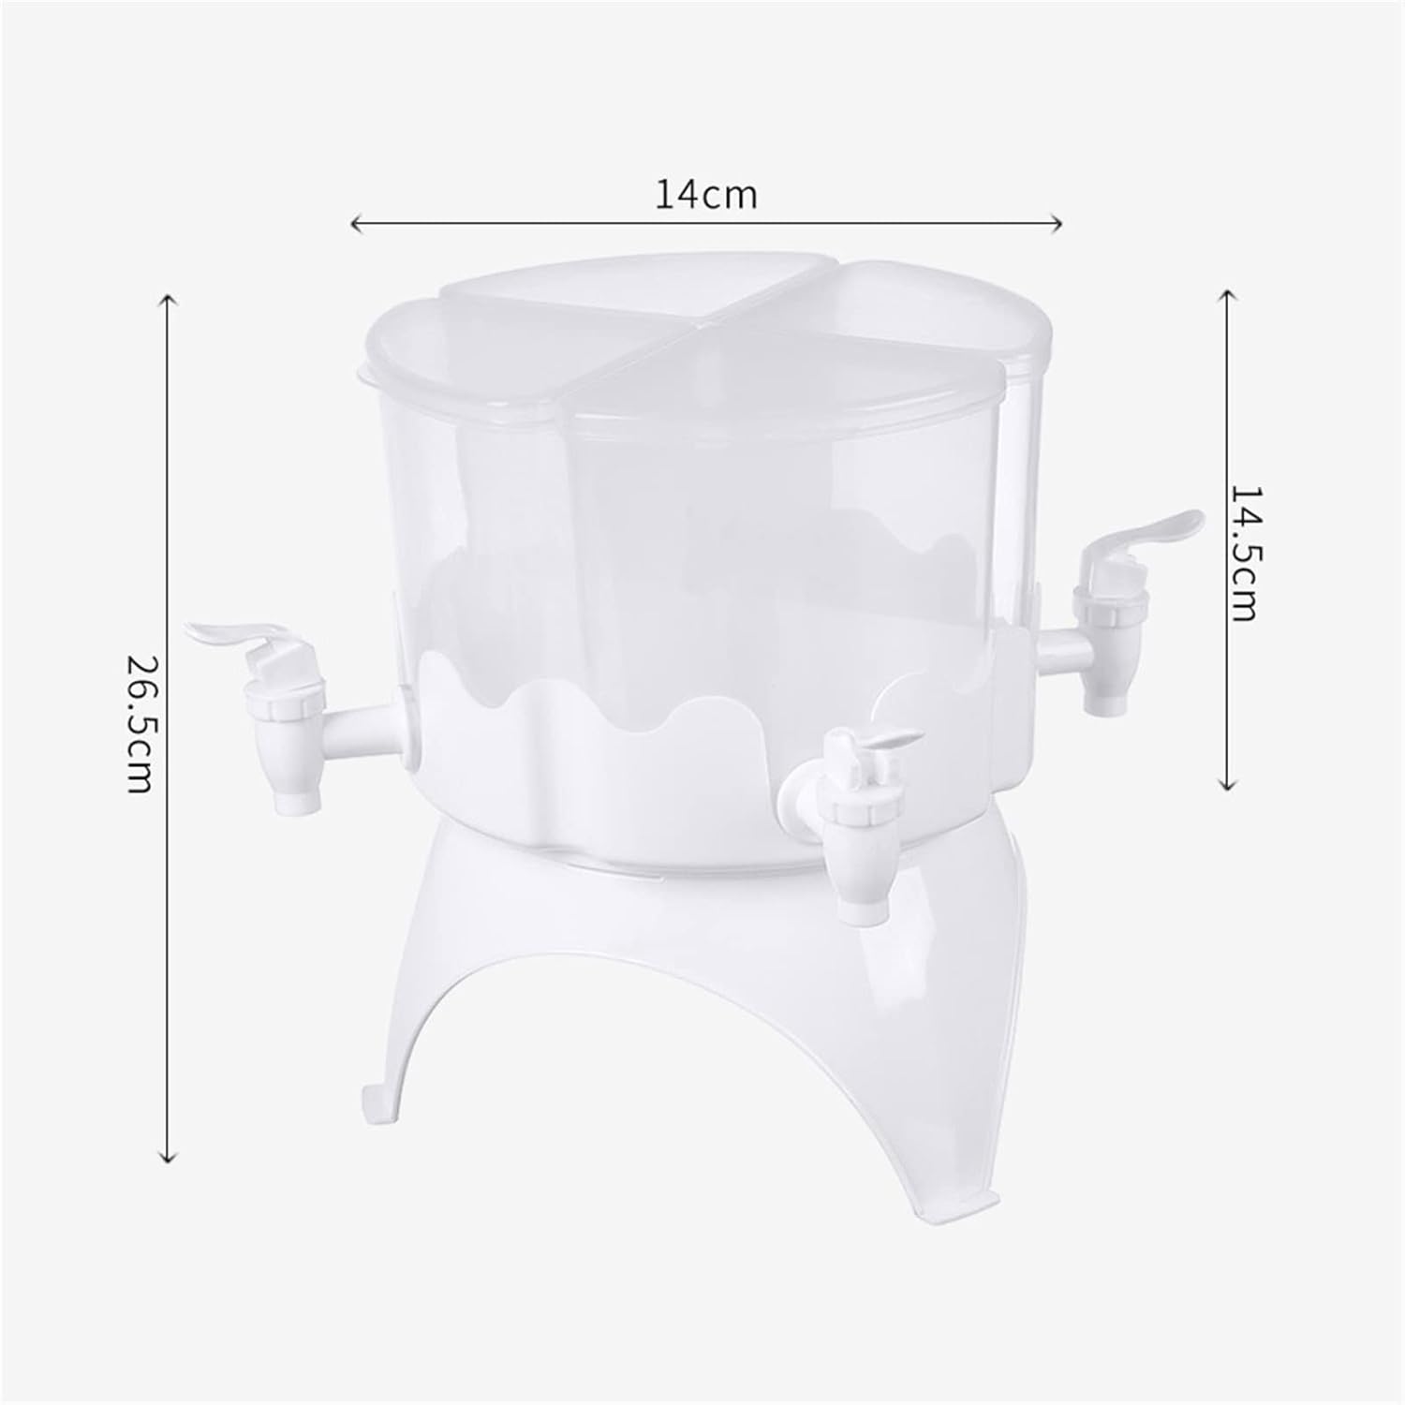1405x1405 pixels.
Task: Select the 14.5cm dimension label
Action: tap(1244, 554)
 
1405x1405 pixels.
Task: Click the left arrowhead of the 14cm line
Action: tap(356, 223)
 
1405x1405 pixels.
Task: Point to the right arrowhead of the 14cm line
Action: tap(1056, 223)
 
